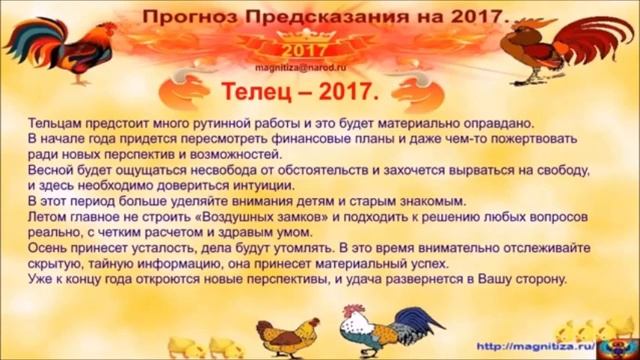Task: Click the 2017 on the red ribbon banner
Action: click(296, 49)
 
